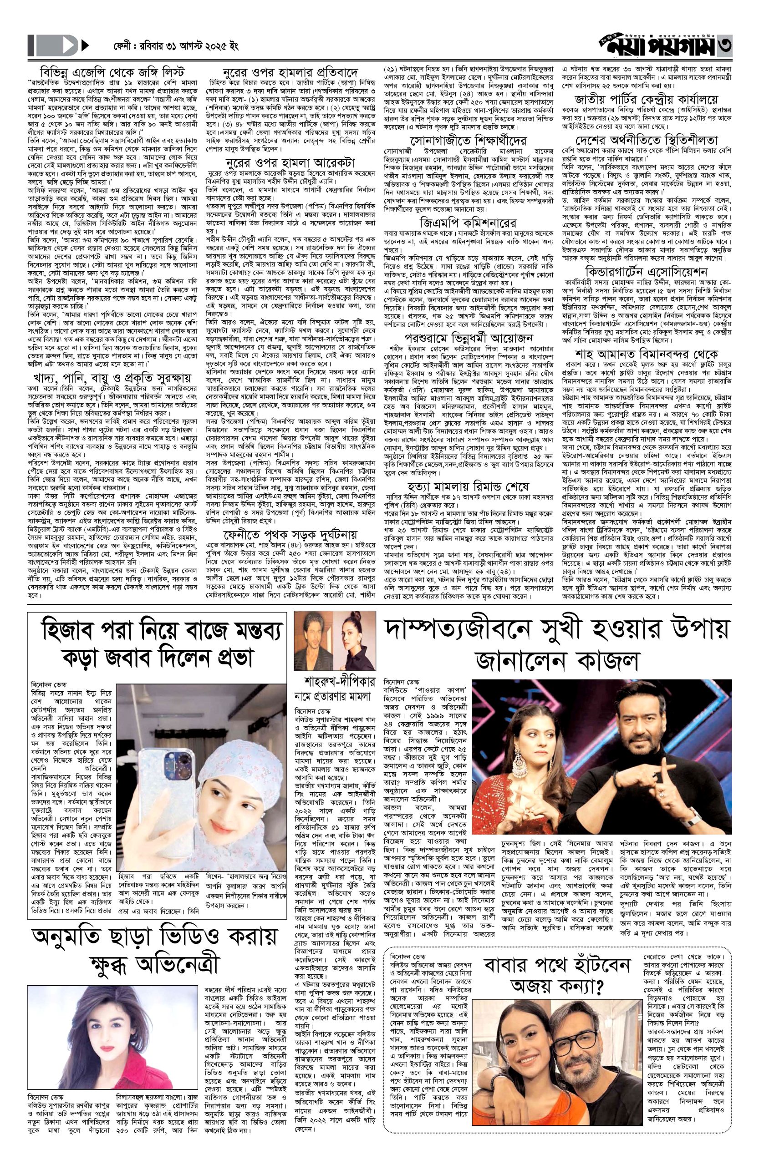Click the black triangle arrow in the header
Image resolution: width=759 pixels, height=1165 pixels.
(85, 47)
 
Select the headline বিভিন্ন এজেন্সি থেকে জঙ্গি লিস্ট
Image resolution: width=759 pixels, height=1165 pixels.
(112, 70)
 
